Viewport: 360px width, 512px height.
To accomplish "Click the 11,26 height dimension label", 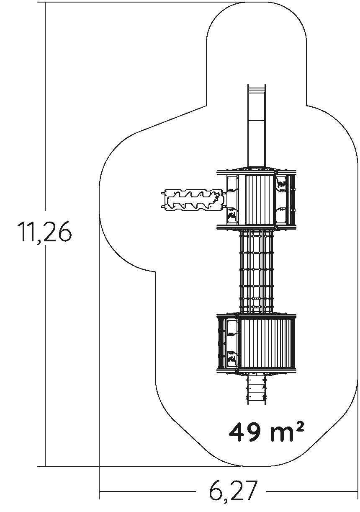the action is tap(44, 232).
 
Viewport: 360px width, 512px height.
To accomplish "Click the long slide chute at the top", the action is tap(256, 126).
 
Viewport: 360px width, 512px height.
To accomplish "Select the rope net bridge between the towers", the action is tap(256, 272).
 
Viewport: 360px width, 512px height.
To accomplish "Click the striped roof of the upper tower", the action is tap(260, 199).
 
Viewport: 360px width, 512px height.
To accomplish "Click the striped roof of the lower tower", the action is tap(267, 344).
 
